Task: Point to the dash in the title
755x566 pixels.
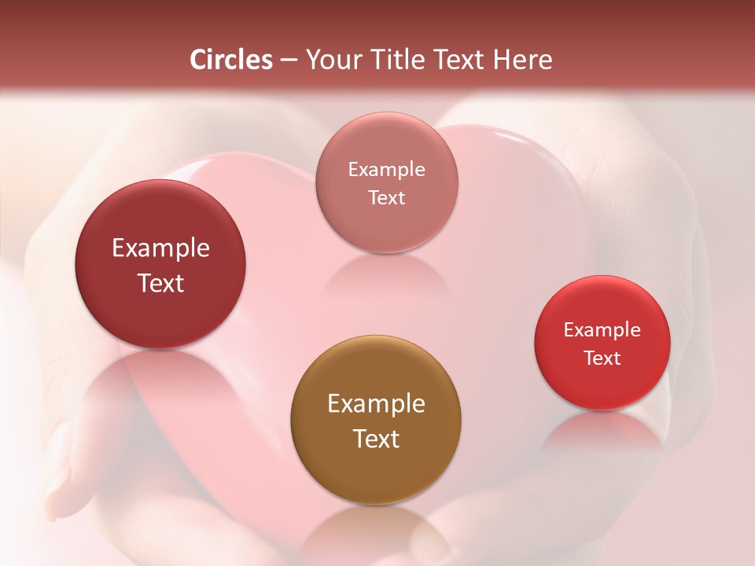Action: pyautogui.click(x=289, y=61)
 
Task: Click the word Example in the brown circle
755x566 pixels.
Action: pyautogui.click(x=376, y=404)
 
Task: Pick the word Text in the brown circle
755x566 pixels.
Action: pyautogui.click(x=376, y=439)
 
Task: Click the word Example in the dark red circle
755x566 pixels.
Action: pyautogui.click(x=160, y=248)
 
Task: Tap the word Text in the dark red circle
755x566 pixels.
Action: pyautogui.click(x=160, y=283)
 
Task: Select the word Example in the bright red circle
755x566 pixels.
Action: pyautogui.click(x=602, y=330)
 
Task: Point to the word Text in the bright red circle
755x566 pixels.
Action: pyautogui.click(x=602, y=358)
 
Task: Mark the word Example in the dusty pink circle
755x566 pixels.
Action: pyautogui.click(x=387, y=170)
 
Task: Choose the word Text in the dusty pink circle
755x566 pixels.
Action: pyautogui.click(x=387, y=198)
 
